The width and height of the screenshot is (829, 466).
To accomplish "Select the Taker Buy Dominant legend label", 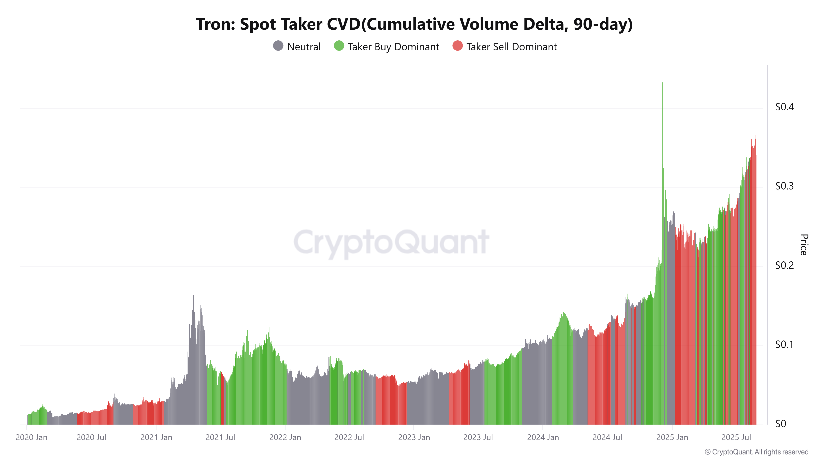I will (393, 47).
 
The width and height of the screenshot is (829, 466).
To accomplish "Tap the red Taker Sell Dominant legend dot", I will (457, 46).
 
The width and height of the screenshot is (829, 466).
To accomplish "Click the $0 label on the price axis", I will (781, 424).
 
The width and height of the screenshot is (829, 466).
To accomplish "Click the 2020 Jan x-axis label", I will (32, 437).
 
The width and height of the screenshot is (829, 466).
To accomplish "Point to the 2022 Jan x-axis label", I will (285, 437).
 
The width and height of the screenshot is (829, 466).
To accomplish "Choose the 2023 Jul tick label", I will (478, 437).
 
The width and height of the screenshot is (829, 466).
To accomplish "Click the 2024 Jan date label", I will (543, 437).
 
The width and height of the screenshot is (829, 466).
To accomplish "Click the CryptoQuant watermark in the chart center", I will (391, 242).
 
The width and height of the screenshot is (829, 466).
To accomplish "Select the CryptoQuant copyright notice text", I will (756, 452).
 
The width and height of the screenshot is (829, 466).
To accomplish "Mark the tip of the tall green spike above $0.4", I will (662, 83).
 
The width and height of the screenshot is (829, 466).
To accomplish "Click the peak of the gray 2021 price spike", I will (193, 296).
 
